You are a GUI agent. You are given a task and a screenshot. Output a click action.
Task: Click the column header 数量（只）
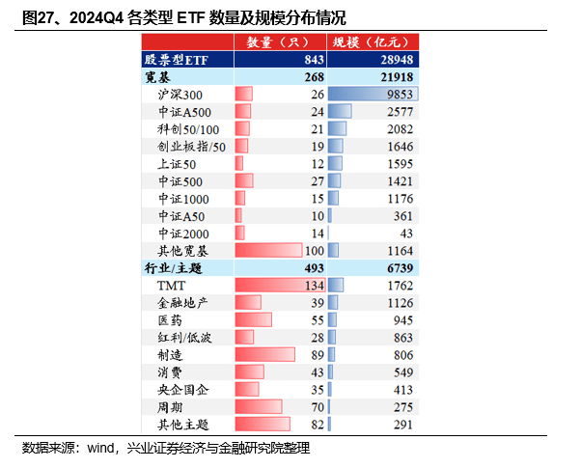(280, 42)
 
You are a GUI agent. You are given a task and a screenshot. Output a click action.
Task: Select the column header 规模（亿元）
(373, 42)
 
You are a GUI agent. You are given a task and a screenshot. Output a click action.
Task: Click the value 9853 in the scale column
(398, 95)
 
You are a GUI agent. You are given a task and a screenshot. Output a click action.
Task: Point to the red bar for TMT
(269, 286)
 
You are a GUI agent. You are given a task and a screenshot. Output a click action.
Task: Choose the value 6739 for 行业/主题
(398, 268)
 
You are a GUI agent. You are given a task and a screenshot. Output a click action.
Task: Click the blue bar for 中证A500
(339, 112)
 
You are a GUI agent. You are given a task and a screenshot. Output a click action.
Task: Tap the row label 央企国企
(182, 390)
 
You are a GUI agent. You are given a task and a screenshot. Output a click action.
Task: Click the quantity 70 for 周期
(317, 407)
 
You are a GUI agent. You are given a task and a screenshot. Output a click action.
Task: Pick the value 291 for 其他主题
(401, 425)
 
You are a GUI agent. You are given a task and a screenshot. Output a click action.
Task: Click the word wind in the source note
(101, 449)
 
